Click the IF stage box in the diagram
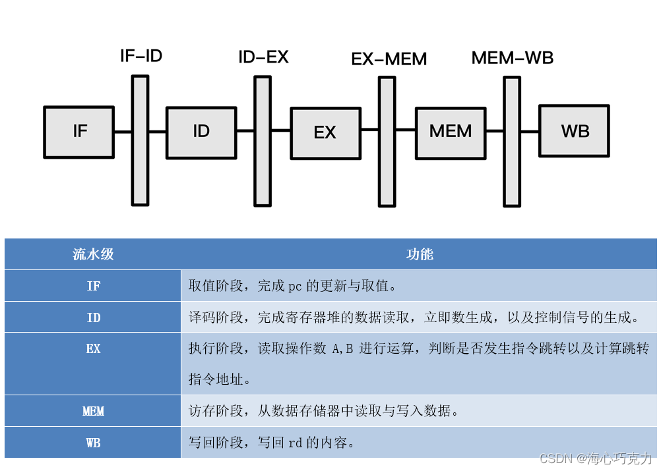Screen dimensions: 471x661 (x=79, y=131)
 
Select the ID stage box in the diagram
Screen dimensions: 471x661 (x=201, y=132)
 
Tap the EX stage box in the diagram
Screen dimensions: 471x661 (x=325, y=133)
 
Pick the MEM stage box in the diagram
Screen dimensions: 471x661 (x=451, y=132)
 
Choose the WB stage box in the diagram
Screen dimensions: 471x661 (x=575, y=131)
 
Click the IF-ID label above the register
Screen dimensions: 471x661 (x=141, y=56)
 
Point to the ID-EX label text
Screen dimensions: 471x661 (x=263, y=57)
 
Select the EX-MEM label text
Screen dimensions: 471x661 (x=389, y=59)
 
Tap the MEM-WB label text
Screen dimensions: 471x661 (x=513, y=58)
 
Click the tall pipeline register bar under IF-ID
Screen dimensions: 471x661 (x=140, y=140)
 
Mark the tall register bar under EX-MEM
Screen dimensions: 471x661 (x=387, y=142)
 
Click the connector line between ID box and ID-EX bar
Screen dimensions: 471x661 (x=245, y=131)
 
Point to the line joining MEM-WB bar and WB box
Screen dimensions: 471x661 (x=530, y=131)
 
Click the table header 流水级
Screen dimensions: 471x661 (x=93, y=254)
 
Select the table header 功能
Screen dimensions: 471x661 (x=420, y=254)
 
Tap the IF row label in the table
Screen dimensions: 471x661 (x=93, y=286)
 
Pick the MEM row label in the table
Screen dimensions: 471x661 (x=93, y=411)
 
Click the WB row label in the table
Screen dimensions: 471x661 (x=93, y=443)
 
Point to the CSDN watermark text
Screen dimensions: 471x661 (x=596, y=458)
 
